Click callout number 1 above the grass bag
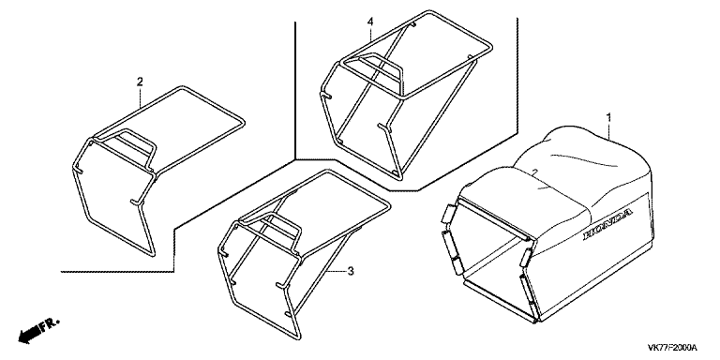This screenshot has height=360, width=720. [x=608, y=118]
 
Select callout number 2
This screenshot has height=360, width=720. [x=140, y=82]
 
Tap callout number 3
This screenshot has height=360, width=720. [x=351, y=272]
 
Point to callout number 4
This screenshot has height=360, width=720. [x=370, y=22]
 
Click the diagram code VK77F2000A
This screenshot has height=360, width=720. [x=673, y=347]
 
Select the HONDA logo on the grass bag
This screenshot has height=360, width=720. [x=608, y=223]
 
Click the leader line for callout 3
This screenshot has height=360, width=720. [x=335, y=271]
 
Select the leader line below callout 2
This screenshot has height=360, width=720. [x=140, y=97]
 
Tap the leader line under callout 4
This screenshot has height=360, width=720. [x=370, y=35]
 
